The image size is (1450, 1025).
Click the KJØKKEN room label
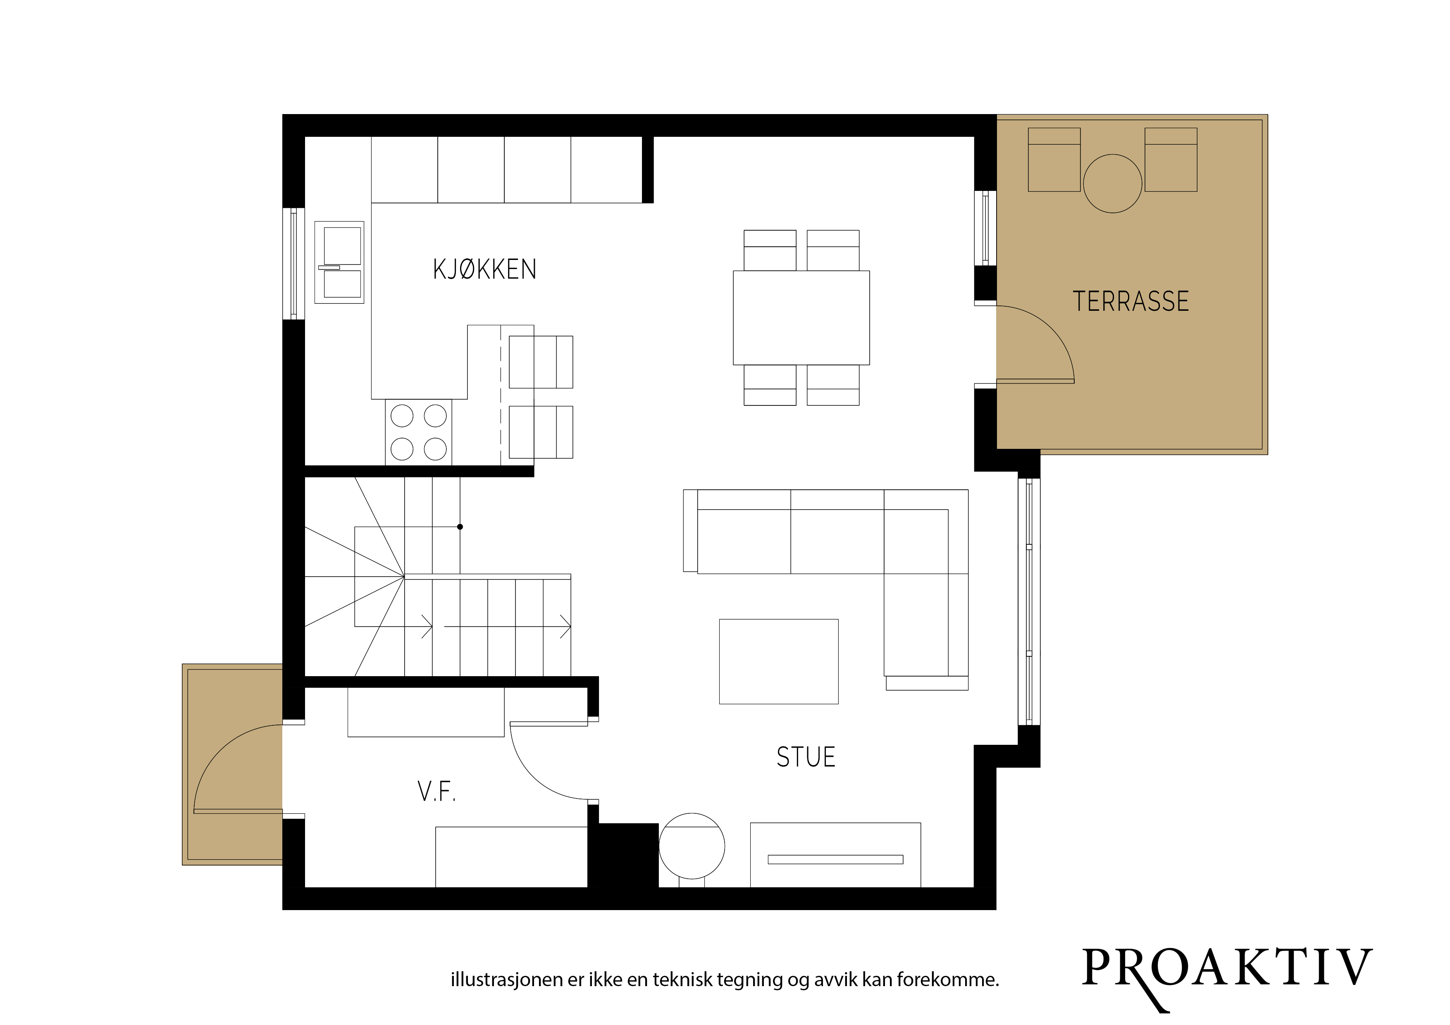pos(484,269)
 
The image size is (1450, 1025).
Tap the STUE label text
pos(806,757)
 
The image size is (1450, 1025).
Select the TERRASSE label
pos(1130,301)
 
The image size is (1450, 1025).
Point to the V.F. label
pos(436,791)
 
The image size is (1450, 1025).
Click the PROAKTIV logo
pos(1227,976)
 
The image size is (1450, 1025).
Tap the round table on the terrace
pos(1112,183)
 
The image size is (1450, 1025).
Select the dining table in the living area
pos(801,318)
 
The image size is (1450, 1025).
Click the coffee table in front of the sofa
pos(779,661)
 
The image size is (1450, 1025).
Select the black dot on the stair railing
pos(460,527)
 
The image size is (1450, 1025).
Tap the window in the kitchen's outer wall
pos(293,263)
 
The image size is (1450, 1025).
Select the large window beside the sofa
pos(1029,602)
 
